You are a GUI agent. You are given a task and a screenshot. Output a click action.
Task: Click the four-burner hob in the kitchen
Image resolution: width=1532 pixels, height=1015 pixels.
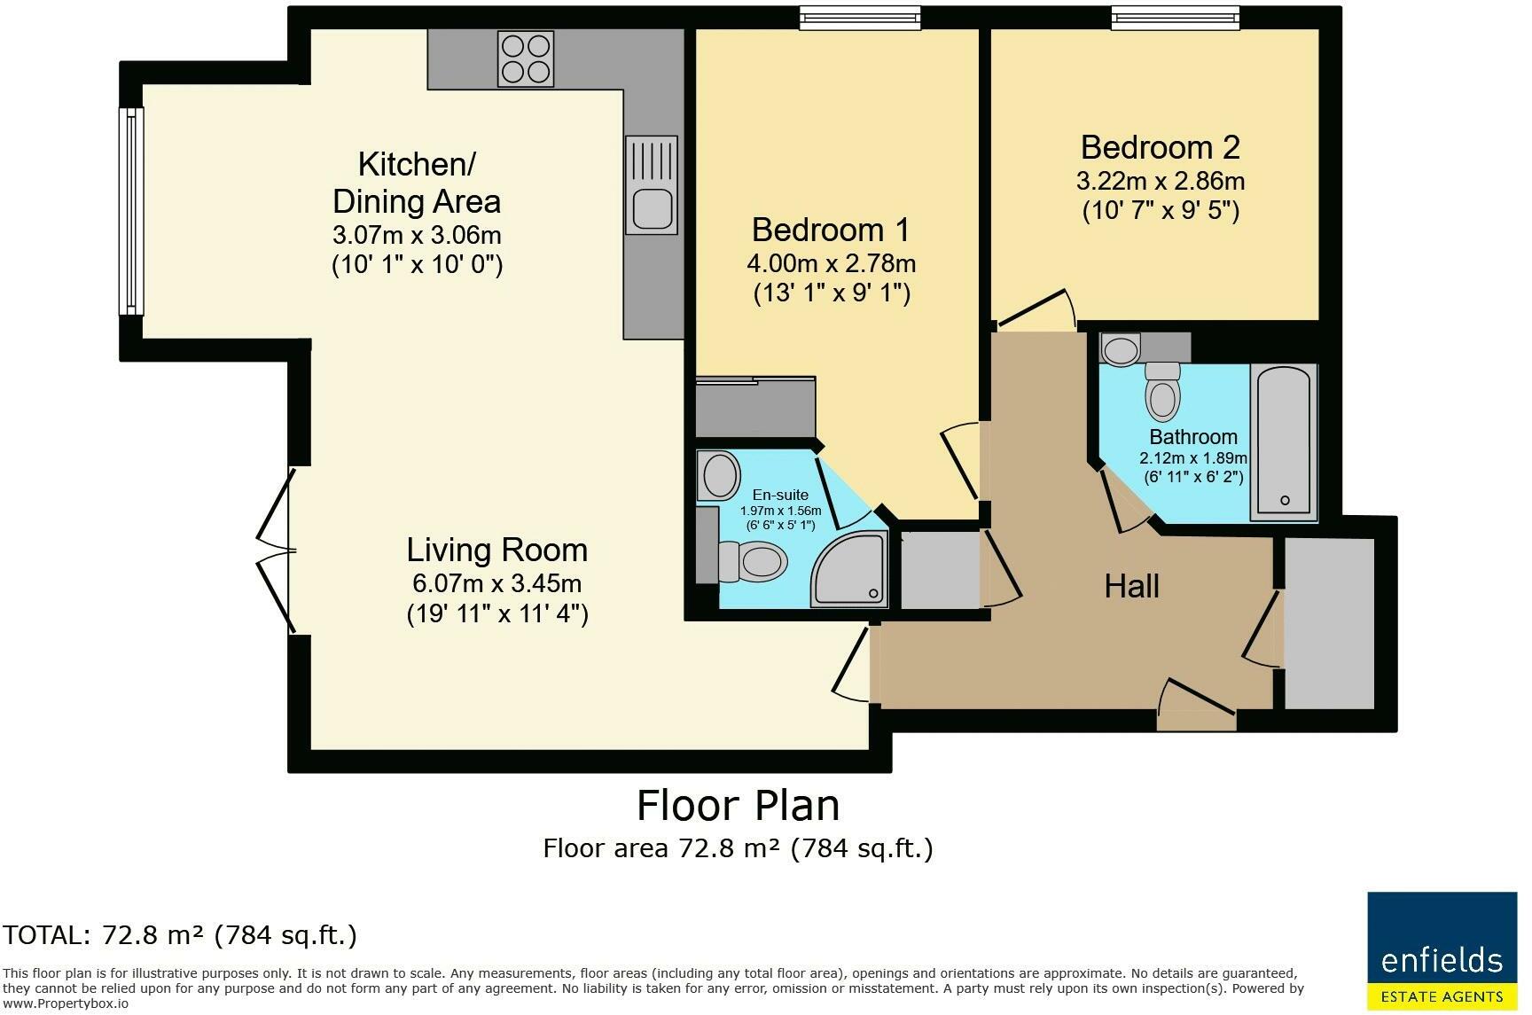coord(526,59)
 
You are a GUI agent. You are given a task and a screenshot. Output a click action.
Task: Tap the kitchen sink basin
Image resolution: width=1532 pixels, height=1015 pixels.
coord(651,207)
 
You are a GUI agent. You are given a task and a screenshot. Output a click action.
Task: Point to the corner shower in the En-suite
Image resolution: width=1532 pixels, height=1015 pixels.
coord(848,569)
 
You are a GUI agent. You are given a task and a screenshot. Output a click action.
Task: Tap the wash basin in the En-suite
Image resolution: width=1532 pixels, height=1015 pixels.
coord(720,475)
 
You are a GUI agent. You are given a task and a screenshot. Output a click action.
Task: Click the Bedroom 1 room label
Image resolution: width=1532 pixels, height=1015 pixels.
coord(831,230)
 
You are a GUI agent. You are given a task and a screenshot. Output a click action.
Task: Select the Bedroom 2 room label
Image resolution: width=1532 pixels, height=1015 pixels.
coord(1160,146)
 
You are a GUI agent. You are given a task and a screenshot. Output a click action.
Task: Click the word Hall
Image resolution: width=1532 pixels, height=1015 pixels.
coord(1132,586)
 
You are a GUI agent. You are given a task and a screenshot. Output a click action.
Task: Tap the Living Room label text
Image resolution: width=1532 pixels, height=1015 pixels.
coord(497,550)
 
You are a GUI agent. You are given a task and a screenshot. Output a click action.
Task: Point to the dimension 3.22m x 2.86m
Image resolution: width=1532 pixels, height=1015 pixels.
coord(1161,181)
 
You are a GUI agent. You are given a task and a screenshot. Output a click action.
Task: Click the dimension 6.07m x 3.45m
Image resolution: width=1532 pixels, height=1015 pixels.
coord(497,583)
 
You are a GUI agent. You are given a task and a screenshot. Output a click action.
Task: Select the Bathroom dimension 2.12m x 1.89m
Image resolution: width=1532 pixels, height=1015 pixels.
coord(1193,458)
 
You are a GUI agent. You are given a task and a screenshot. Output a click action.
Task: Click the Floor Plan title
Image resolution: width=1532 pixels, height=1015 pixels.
coord(739,805)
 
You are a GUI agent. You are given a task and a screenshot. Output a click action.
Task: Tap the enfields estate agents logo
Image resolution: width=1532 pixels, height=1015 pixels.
coord(1442,949)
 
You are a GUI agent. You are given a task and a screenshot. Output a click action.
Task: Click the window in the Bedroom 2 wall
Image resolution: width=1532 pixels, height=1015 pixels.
coord(1176,17)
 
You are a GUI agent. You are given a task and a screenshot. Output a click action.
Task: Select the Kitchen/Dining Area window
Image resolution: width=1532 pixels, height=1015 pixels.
coord(132,211)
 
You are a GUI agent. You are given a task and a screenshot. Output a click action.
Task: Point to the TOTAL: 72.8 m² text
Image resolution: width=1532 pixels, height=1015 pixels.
coord(180,934)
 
